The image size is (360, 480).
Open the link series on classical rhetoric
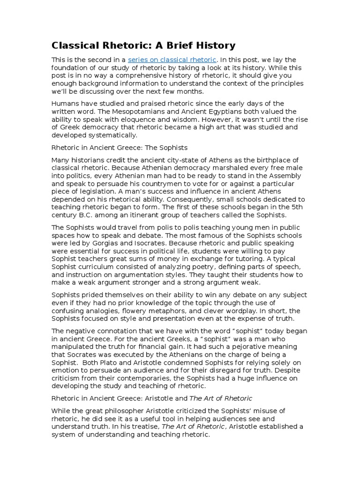(x=172, y=60)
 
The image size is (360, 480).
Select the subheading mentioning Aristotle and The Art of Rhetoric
(x=151, y=398)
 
